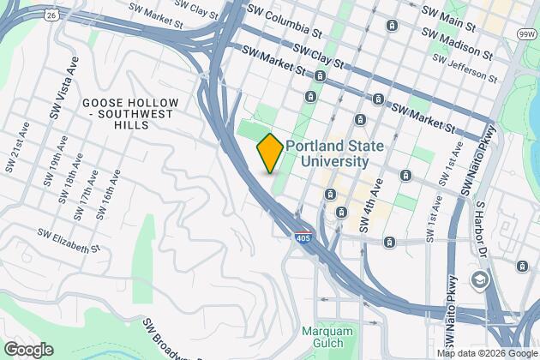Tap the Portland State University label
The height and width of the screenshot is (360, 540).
[x=327, y=153]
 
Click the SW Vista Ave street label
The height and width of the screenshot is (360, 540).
[x=57, y=91]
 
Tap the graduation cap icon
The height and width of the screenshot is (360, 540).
[x=479, y=279]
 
